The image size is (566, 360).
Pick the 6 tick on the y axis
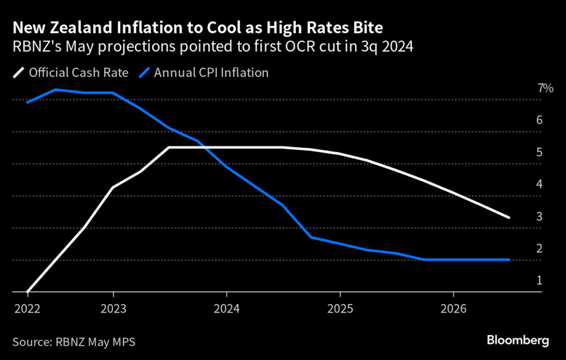(539, 120)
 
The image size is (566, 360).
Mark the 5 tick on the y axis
(539, 152)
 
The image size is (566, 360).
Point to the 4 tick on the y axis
(539, 184)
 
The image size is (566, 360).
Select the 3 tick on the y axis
(539, 216)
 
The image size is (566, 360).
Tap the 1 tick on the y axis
(539, 280)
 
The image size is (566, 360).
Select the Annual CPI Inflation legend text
(211, 72)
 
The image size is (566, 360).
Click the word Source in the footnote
(30, 342)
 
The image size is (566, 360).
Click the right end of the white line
(509, 217)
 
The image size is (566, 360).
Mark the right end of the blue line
(509, 259)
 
